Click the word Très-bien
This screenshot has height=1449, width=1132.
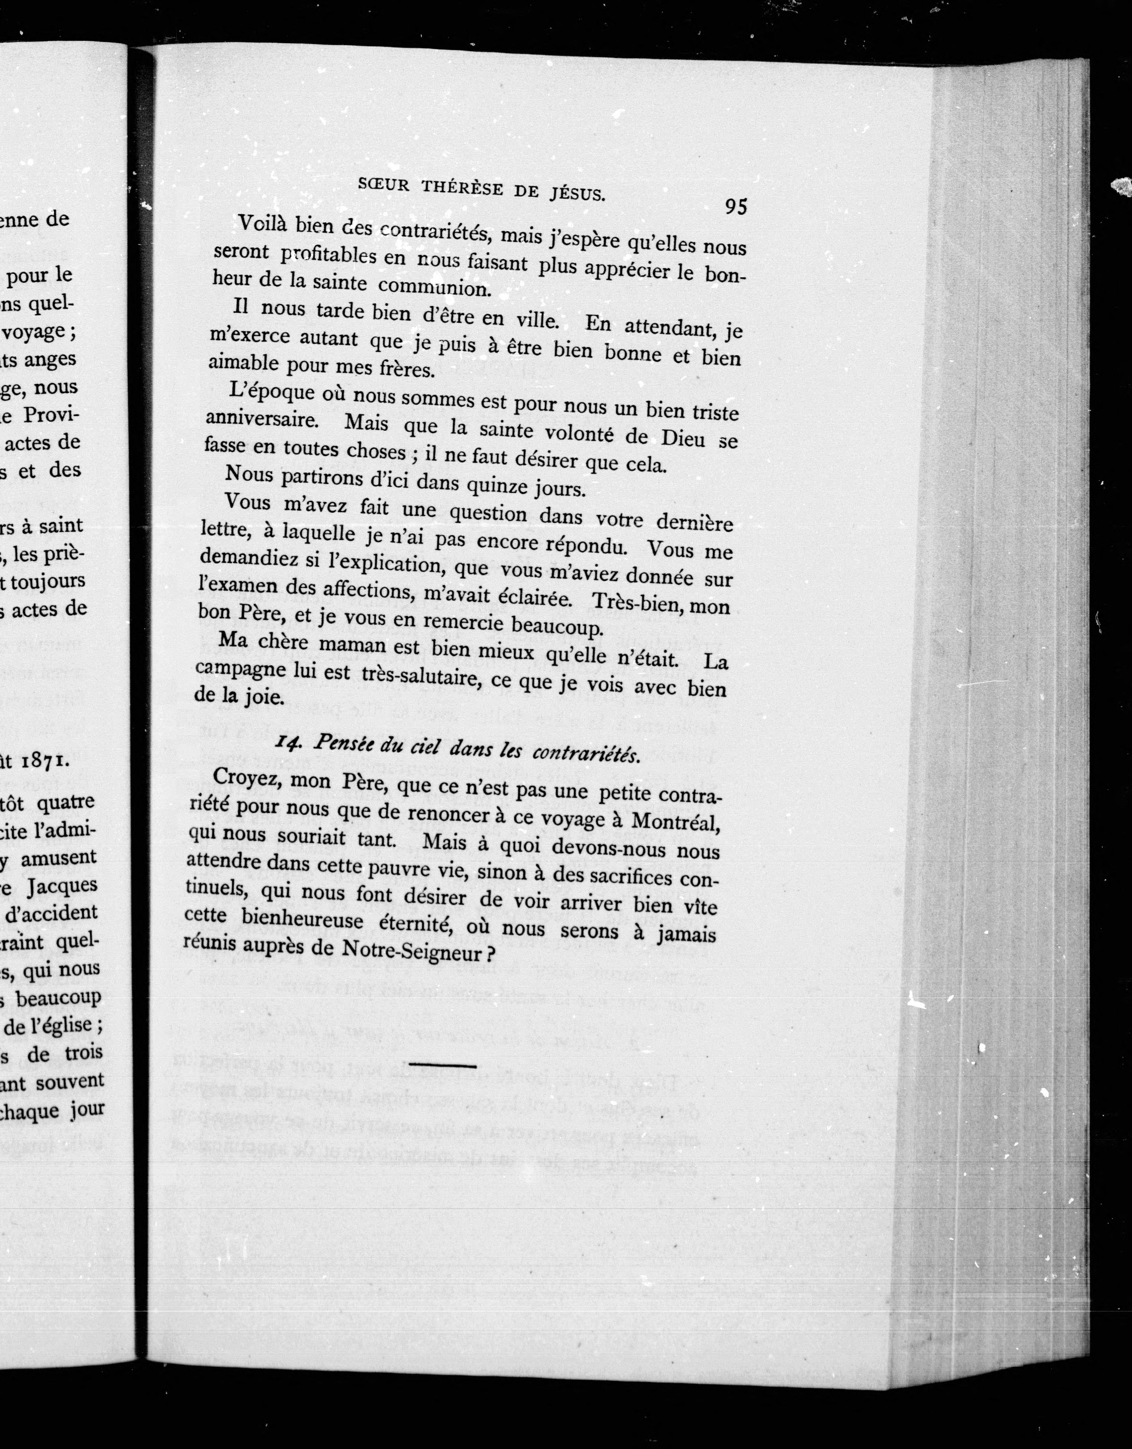tap(629, 602)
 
